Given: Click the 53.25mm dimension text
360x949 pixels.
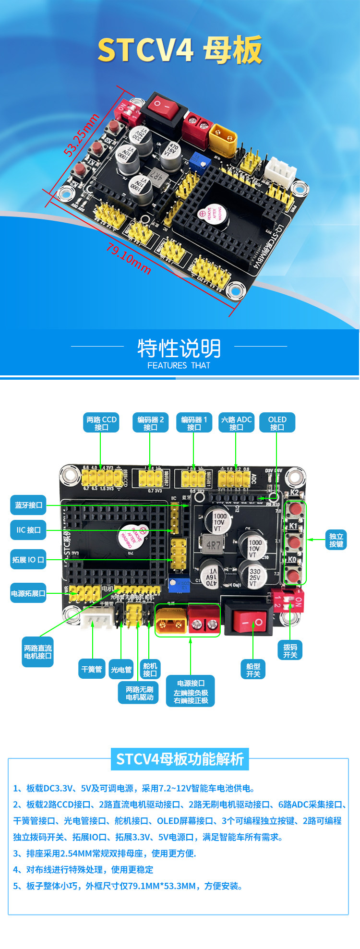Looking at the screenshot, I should pos(82,135).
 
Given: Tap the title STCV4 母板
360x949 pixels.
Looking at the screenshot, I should pos(180,50).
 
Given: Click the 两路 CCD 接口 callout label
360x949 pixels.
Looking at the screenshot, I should pos(101,423).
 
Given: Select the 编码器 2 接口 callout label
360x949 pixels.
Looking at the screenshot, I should pos(150,423).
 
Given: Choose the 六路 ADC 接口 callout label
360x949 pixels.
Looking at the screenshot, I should pos(236,423).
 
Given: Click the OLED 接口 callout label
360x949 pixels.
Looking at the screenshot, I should pos(277,423).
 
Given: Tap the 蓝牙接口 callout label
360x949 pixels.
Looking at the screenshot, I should pos(29,505).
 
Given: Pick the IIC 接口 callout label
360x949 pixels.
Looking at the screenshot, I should pos(29,530).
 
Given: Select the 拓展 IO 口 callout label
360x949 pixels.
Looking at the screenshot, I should pos(28,560).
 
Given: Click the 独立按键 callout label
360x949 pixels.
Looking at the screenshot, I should pos(336,540).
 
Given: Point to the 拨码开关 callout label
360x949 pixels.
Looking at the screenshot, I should pos(290,651).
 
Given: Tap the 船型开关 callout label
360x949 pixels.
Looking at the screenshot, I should pos(253,670).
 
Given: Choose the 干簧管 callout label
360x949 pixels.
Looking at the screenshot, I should pos(92,669).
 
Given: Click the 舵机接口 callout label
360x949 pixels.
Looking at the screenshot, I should pos(150,669).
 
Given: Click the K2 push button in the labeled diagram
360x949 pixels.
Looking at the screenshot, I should pos(295,509).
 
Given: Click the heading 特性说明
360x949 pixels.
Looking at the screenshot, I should pos(179,348).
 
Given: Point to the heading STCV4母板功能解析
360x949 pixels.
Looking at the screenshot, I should pos(180,759).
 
